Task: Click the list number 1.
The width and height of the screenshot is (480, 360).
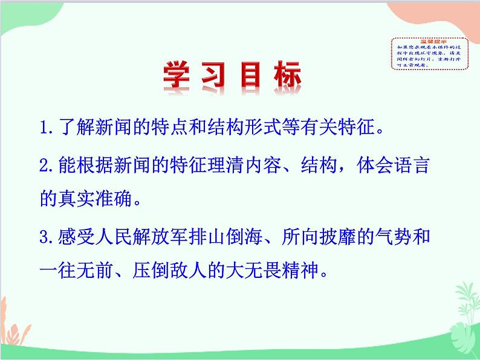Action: tap(42, 129)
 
